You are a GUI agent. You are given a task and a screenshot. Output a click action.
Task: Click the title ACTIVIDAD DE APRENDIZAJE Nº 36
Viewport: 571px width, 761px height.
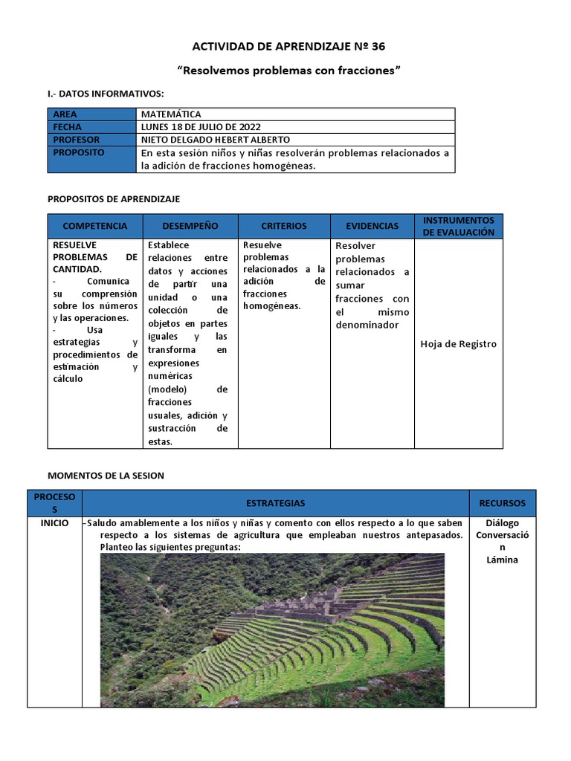point(288,46)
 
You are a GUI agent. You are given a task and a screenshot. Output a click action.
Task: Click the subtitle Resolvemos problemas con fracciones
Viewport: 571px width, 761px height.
point(289,71)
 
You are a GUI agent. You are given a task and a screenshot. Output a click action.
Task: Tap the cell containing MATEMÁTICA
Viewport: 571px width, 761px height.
point(171,114)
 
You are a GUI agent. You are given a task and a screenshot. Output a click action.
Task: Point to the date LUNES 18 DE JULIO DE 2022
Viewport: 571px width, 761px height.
point(201,127)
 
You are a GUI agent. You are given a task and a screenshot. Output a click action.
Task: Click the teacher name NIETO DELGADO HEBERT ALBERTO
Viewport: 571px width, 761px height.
point(215,140)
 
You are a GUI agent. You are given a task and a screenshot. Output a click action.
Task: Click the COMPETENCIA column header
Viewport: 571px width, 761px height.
point(95,226)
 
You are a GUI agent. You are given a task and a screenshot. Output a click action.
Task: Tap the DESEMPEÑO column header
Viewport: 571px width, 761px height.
point(190,226)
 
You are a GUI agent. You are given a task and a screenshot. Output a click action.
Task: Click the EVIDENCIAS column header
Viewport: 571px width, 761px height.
point(372,226)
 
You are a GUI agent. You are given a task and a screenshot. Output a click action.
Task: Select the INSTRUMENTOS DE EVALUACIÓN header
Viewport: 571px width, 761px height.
point(458,226)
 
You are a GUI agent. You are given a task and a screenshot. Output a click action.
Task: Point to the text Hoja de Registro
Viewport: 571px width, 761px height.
point(458,344)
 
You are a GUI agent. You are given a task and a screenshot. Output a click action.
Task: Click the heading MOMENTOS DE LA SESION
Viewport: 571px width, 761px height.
point(106,476)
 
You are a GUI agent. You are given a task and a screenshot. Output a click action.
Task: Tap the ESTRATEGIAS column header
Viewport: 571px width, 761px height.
point(275,503)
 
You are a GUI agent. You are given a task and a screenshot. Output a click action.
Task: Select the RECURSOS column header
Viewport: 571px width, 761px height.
point(502,503)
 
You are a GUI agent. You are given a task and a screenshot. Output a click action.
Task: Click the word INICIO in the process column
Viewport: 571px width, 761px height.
point(55,523)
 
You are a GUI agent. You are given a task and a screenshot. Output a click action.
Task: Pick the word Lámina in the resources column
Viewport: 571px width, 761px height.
point(502,560)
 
